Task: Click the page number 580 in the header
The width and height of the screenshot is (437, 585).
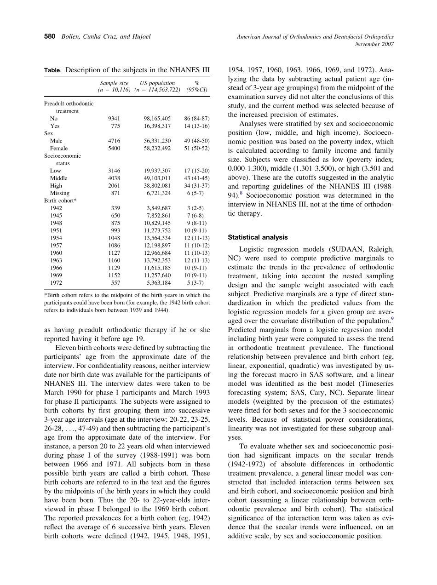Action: (50, 36)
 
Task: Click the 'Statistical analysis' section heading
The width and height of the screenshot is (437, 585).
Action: (258, 237)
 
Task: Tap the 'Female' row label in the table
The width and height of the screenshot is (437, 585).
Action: (59, 149)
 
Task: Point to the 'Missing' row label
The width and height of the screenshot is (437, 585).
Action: (60, 193)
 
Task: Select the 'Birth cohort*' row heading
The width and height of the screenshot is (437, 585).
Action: (60, 201)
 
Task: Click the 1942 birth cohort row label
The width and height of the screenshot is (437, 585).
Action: (56, 208)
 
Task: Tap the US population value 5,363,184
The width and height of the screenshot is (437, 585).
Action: (159, 283)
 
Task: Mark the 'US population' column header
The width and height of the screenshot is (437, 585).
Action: (157, 83)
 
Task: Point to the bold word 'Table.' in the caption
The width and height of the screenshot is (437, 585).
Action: (53, 70)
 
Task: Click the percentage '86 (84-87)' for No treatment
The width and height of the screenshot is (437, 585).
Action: (196, 119)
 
